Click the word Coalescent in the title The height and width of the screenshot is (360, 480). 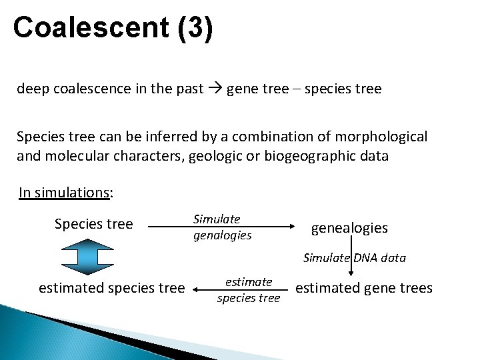pos(91,28)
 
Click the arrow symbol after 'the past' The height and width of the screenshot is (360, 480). pos(215,89)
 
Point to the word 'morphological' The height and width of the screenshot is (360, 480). pos(385,137)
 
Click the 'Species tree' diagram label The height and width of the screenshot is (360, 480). pos(93,224)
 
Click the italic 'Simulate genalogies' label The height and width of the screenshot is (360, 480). pos(222,227)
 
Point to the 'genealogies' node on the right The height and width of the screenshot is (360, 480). pos(349,228)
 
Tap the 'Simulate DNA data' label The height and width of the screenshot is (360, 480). pos(354,258)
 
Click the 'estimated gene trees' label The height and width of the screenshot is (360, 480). pos(363,288)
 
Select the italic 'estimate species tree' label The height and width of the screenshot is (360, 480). pos(249,290)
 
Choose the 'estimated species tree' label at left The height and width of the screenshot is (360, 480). pos(111,288)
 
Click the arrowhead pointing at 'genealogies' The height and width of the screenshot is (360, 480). pos(291,227)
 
